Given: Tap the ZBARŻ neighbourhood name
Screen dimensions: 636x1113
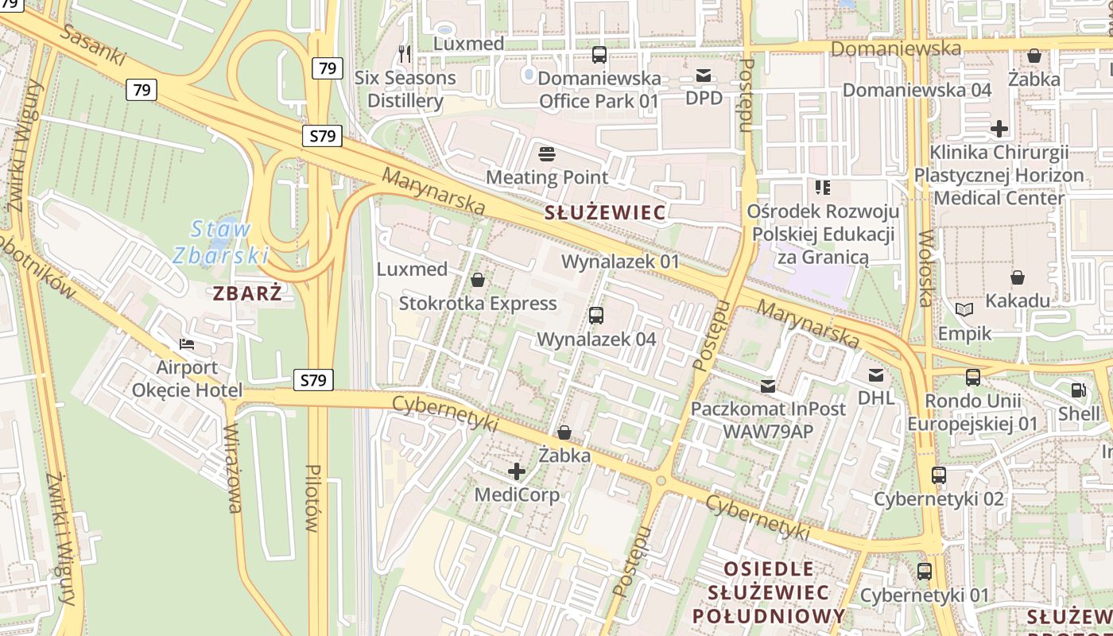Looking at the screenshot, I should [247, 293].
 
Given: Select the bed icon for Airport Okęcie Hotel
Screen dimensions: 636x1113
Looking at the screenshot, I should [187, 344].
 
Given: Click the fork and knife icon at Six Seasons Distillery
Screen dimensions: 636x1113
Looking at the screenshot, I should [405, 54].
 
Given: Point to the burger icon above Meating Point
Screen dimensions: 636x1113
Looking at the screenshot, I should [547, 153].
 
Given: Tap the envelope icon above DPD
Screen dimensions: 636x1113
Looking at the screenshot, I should [704, 76].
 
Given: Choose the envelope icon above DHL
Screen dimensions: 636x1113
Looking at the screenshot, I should [876, 375].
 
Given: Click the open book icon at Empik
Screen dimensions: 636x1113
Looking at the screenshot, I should [964, 310].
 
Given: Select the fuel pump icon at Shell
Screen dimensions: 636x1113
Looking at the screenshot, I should [1079, 390].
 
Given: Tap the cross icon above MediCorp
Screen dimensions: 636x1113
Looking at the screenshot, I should [517, 471].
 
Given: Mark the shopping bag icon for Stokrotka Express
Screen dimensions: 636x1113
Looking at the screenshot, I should [478, 280].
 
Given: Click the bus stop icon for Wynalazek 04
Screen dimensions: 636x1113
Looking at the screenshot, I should [596, 316].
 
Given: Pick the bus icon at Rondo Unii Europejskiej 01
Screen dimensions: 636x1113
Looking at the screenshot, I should [973, 378].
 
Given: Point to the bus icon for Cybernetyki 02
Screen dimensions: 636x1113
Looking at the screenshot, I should [939, 475].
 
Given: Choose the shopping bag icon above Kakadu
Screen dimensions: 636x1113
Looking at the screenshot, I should [1018, 277].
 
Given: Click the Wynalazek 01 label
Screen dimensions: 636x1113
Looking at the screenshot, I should [621, 262].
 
